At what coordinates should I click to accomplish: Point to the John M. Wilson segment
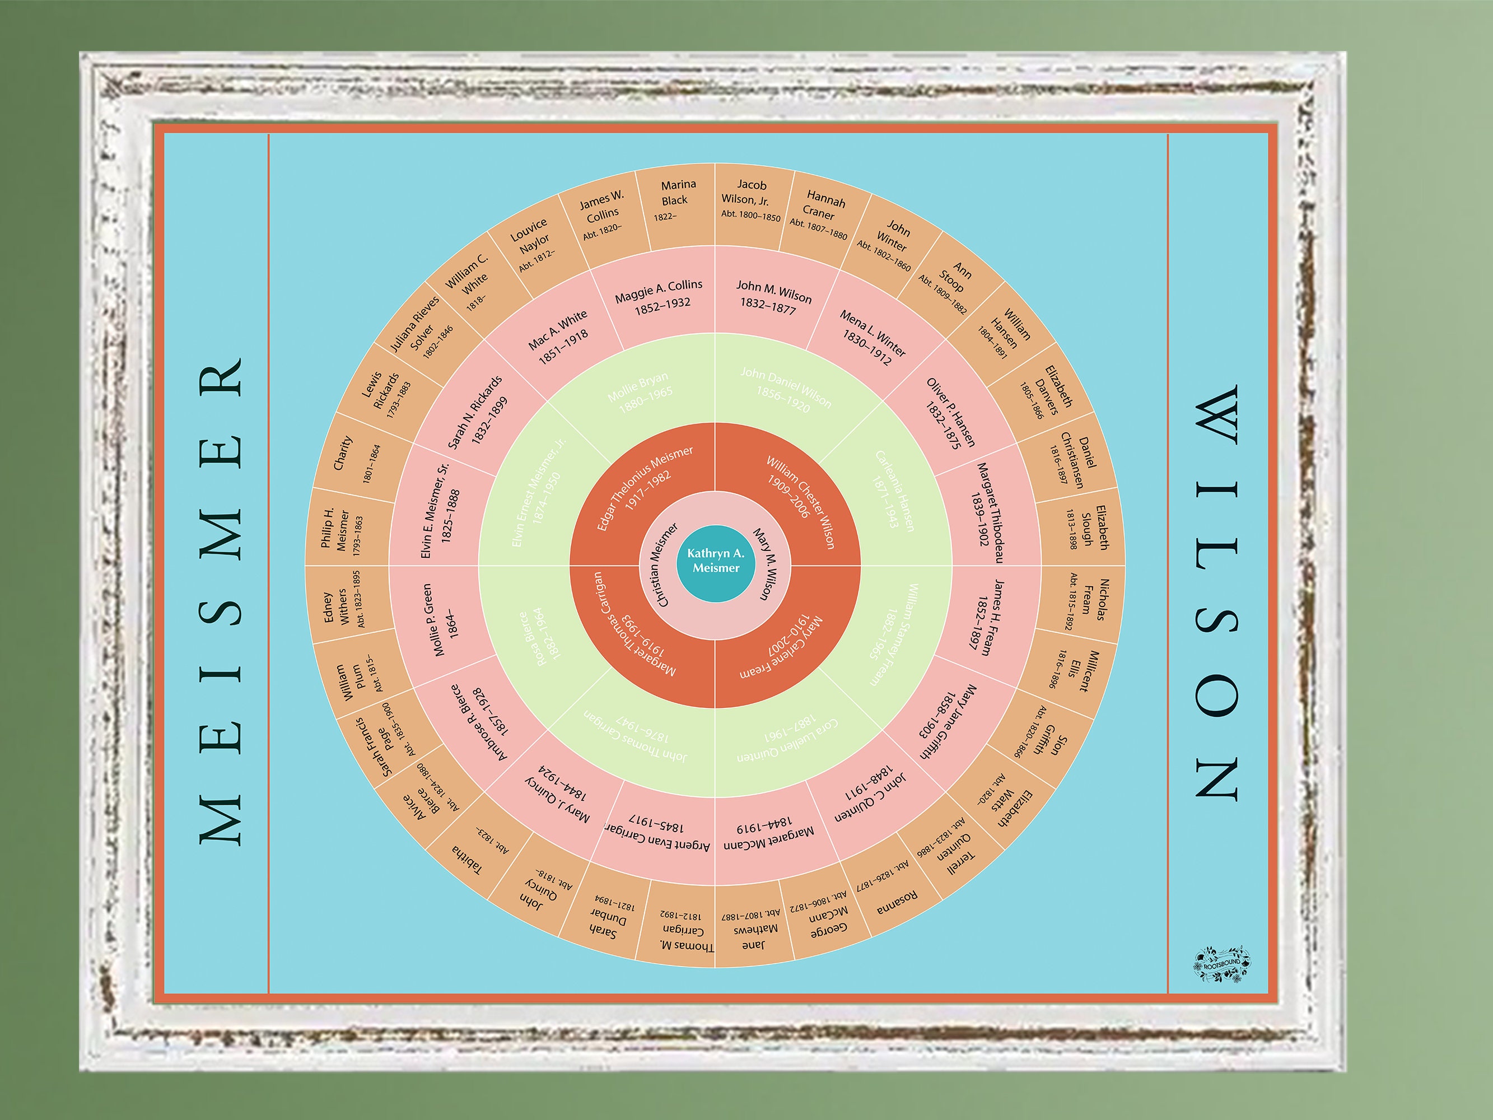[772, 297]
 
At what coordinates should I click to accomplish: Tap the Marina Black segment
[675, 200]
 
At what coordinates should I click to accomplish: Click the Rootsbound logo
[1221, 962]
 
